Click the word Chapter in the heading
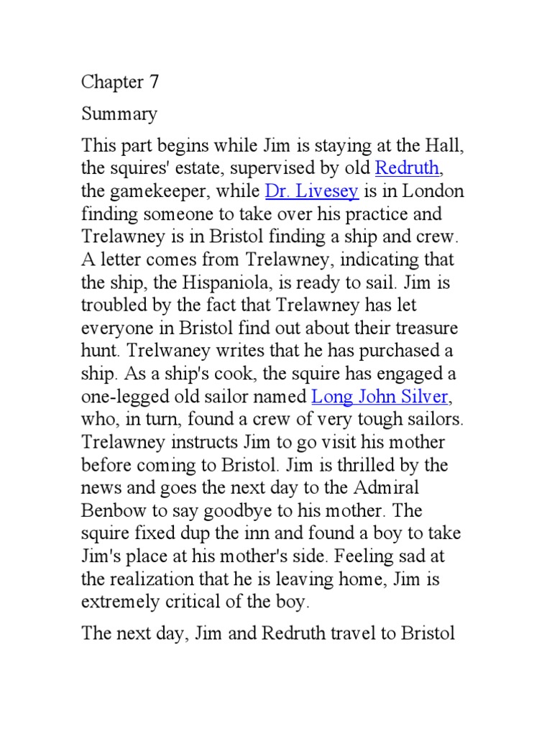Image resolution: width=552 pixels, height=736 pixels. [x=112, y=82]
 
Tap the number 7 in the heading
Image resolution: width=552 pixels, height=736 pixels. [x=153, y=82]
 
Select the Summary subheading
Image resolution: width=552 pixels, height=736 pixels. [x=119, y=114]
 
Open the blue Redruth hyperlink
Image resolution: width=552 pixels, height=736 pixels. [x=408, y=169]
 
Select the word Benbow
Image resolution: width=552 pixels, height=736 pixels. [x=116, y=510]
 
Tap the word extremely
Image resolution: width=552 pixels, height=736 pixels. [x=125, y=601]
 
